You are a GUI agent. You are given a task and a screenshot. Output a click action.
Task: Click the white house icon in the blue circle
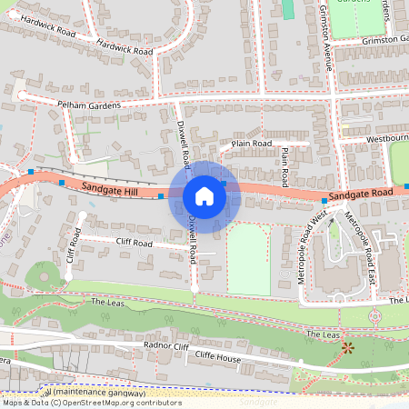coord(204,195)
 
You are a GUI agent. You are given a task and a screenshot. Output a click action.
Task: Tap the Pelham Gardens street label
coord(89,105)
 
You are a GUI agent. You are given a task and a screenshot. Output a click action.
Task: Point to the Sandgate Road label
coord(361,195)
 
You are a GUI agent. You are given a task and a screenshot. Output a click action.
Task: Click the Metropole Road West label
coord(314,247)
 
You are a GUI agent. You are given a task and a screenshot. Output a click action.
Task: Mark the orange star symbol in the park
coord(345,347)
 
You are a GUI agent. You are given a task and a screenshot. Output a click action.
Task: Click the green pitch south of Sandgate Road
coord(248,259)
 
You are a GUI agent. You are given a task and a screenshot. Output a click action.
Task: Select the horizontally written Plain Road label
coord(252,144)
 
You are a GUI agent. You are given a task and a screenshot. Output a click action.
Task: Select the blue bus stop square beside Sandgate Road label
coord(324,200)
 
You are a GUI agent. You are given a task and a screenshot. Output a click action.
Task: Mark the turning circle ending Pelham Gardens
coord(20,94)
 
